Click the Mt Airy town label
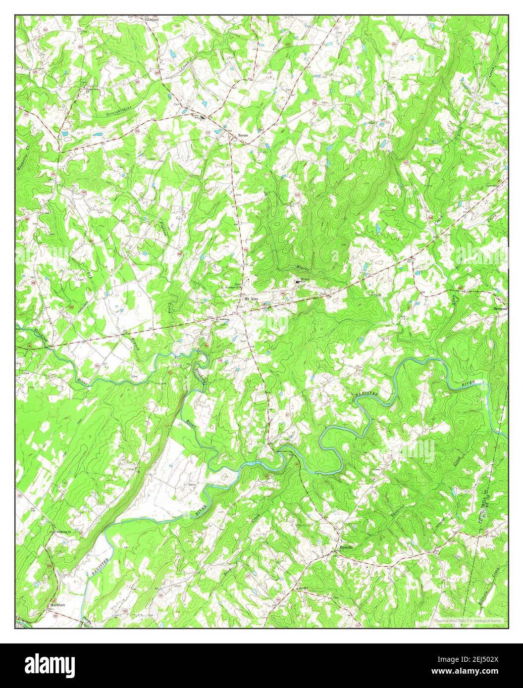click(x=248, y=299)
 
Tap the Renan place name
click(x=241, y=134)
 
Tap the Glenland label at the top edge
click(x=152, y=19)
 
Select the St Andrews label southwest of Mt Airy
click(x=220, y=319)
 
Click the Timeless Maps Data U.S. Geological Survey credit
click(x=468, y=620)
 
